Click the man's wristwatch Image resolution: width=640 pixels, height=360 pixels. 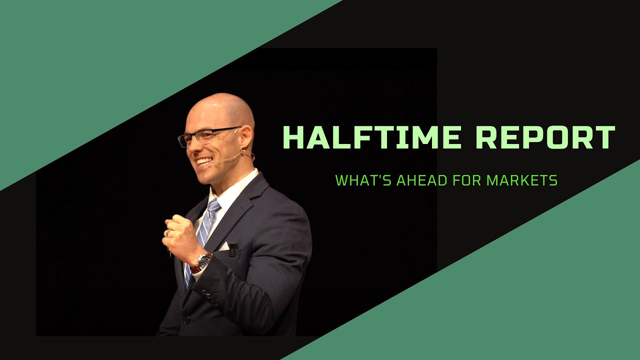[x=203, y=260]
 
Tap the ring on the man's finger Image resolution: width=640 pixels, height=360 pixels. [x=168, y=233]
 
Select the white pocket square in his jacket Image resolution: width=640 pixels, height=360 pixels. [x=224, y=246]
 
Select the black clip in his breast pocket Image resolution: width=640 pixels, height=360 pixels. [x=232, y=248]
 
